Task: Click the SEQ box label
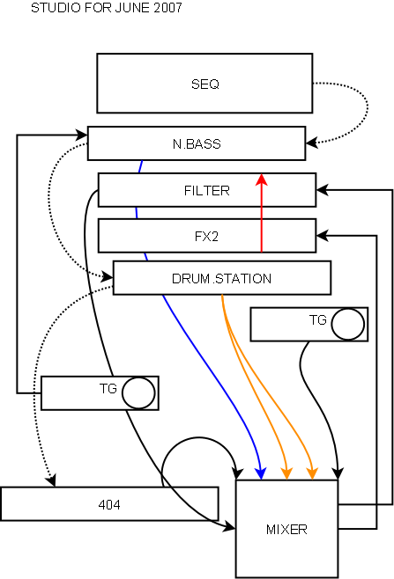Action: pos(205,84)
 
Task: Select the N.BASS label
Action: pos(197,143)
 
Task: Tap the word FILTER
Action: pos(207,191)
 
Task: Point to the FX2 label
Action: pos(206,237)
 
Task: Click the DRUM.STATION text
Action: pos(221,278)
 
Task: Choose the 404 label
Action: pos(109,504)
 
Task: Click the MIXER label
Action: pos(286,530)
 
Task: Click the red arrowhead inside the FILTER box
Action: pos(262,180)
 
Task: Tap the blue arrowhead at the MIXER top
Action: pos(261,474)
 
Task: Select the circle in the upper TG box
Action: pos(348,324)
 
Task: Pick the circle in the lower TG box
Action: pos(138,392)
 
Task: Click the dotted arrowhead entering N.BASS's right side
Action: pos(311,143)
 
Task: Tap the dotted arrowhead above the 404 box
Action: pos(51,480)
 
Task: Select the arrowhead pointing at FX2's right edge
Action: pos(323,236)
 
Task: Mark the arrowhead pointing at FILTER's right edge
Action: pos(323,190)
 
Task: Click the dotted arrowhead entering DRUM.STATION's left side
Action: pos(108,276)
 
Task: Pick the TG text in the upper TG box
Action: pos(318,319)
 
